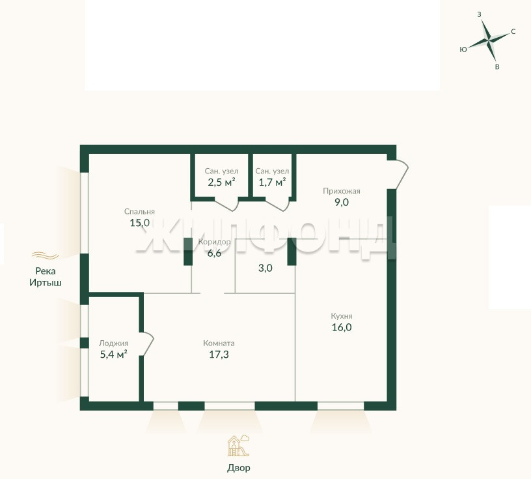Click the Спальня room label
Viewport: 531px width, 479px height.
(139, 212)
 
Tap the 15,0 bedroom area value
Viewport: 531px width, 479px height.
(139, 223)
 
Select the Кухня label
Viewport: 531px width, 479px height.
(342, 316)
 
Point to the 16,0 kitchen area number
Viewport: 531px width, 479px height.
(342, 327)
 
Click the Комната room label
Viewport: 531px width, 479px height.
(219, 343)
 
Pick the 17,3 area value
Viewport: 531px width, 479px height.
(219, 355)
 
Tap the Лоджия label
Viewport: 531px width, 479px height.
(113, 343)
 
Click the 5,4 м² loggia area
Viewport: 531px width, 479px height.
(113, 355)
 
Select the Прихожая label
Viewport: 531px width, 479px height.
(342, 191)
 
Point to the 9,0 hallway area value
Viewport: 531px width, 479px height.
(342, 203)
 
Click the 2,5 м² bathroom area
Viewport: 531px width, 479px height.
(221, 182)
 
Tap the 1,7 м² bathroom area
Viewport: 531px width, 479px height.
(272, 182)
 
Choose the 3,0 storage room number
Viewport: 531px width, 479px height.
(265, 269)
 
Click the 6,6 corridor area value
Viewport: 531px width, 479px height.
(214, 253)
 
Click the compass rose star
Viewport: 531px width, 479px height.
(488, 40)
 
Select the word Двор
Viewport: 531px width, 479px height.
(239, 468)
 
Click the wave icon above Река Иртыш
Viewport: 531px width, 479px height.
(46, 255)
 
